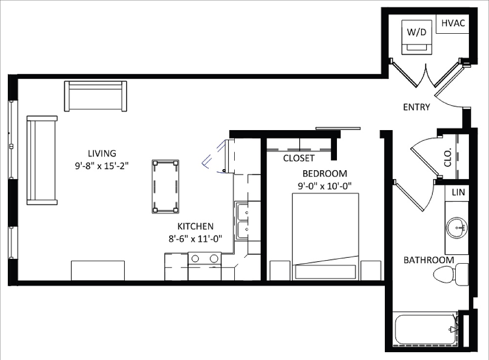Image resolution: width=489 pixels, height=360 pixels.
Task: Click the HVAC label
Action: (x=453, y=23)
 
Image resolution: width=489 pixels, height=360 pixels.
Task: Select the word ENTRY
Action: (x=416, y=107)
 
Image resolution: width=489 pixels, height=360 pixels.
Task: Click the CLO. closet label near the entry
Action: (x=448, y=157)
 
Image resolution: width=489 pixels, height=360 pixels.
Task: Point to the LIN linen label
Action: (x=458, y=192)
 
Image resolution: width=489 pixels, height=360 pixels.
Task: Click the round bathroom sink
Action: (x=457, y=227)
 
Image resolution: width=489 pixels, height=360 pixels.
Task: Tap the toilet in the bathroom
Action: (x=451, y=274)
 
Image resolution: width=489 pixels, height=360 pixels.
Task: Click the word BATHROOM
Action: (x=428, y=260)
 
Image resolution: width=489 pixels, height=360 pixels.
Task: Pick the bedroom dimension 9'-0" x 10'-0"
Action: (x=324, y=186)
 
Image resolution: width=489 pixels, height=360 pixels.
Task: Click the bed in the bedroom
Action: (x=325, y=236)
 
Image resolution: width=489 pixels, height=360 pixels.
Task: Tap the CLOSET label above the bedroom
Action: (x=298, y=158)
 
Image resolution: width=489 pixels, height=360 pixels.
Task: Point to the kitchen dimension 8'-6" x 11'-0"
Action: (x=195, y=239)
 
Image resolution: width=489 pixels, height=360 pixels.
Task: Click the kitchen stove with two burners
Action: (x=204, y=266)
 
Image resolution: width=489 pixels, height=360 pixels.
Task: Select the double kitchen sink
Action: (x=242, y=222)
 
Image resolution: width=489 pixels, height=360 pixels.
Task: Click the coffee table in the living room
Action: (x=165, y=186)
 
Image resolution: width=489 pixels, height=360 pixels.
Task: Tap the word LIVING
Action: (x=102, y=154)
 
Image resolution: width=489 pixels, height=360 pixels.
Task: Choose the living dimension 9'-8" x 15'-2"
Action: (x=102, y=166)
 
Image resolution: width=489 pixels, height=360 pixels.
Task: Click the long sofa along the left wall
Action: (x=42, y=160)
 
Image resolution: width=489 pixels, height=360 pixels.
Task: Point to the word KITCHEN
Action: (x=195, y=226)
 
